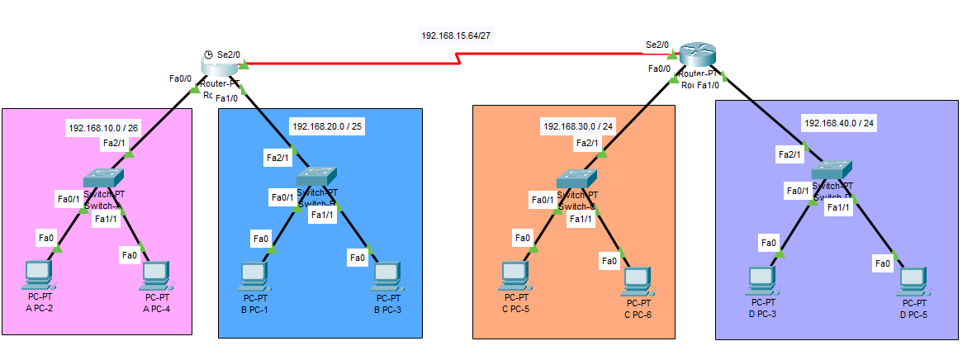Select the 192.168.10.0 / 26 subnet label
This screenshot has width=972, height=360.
point(103,128)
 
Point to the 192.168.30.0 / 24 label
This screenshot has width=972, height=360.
point(578,127)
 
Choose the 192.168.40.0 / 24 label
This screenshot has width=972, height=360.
point(838,123)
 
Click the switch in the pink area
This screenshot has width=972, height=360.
point(103,178)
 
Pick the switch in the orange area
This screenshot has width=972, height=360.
point(576,178)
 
